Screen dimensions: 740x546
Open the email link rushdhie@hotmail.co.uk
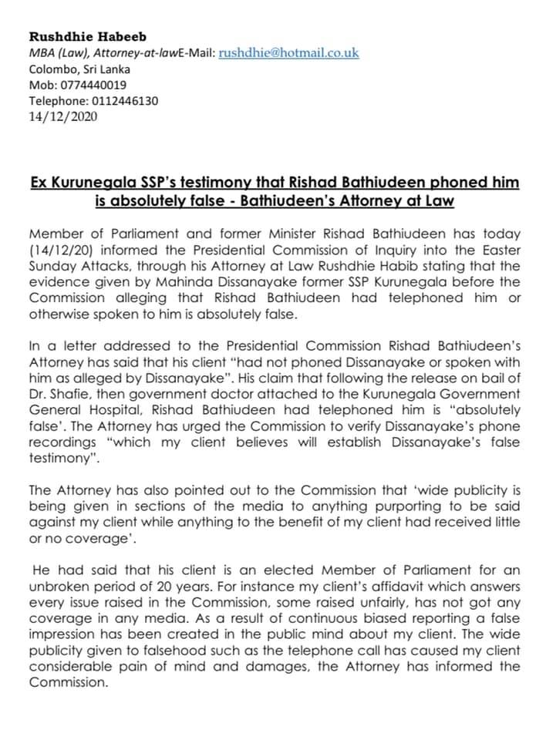289,52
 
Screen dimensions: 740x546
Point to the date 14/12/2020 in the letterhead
63,117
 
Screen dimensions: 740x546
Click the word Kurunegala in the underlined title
99,183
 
